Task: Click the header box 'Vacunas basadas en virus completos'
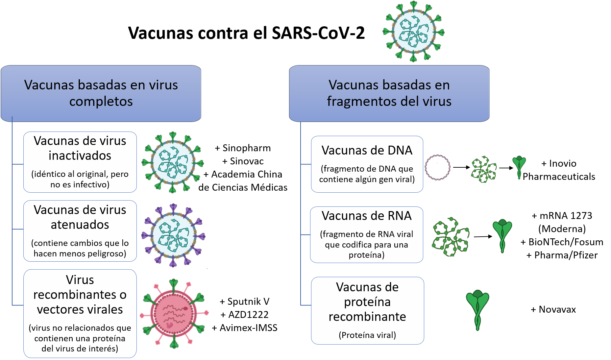click(101, 93)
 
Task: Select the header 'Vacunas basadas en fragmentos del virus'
click(389, 93)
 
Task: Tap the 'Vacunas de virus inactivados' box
click(80, 162)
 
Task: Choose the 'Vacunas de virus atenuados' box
click(80, 231)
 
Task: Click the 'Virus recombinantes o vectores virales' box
click(80, 313)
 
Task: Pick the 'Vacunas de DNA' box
click(367, 164)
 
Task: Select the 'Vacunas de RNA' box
click(367, 234)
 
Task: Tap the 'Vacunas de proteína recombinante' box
click(367, 310)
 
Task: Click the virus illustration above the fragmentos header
click(413, 32)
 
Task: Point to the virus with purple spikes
click(174, 235)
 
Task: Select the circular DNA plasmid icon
click(437, 168)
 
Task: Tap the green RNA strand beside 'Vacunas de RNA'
click(450, 236)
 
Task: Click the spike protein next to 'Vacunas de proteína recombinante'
click(478, 308)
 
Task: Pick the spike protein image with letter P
click(519, 166)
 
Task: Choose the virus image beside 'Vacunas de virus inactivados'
click(173, 163)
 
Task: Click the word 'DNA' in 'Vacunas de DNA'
click(400, 150)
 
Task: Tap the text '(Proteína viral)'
click(367, 335)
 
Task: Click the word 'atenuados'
click(80, 225)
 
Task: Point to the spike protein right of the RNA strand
click(502, 234)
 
